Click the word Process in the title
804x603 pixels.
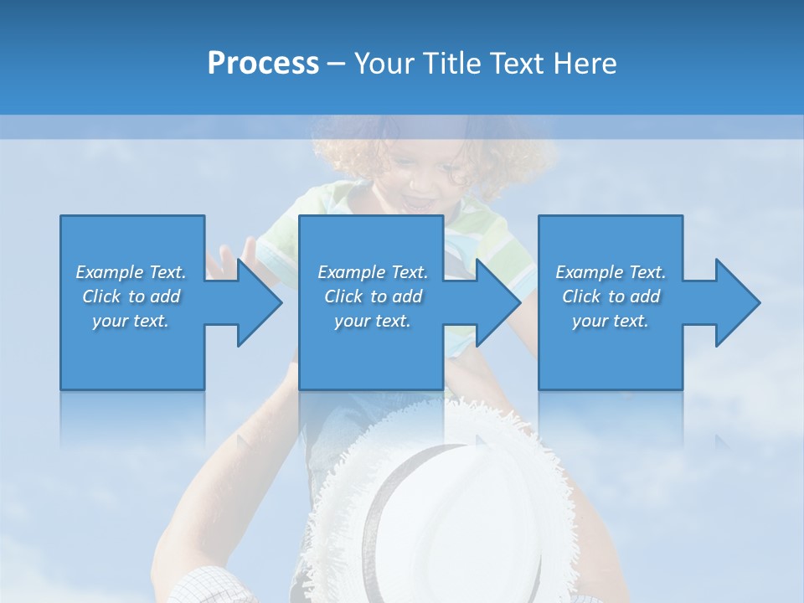(x=263, y=64)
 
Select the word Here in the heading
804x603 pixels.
(x=585, y=64)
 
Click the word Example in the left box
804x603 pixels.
(x=109, y=272)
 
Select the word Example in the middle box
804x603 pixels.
(x=351, y=272)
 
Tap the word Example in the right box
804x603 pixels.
(x=589, y=272)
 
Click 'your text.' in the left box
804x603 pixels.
(x=131, y=321)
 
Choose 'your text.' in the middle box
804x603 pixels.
(x=372, y=321)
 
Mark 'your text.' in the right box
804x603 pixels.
(x=610, y=321)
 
